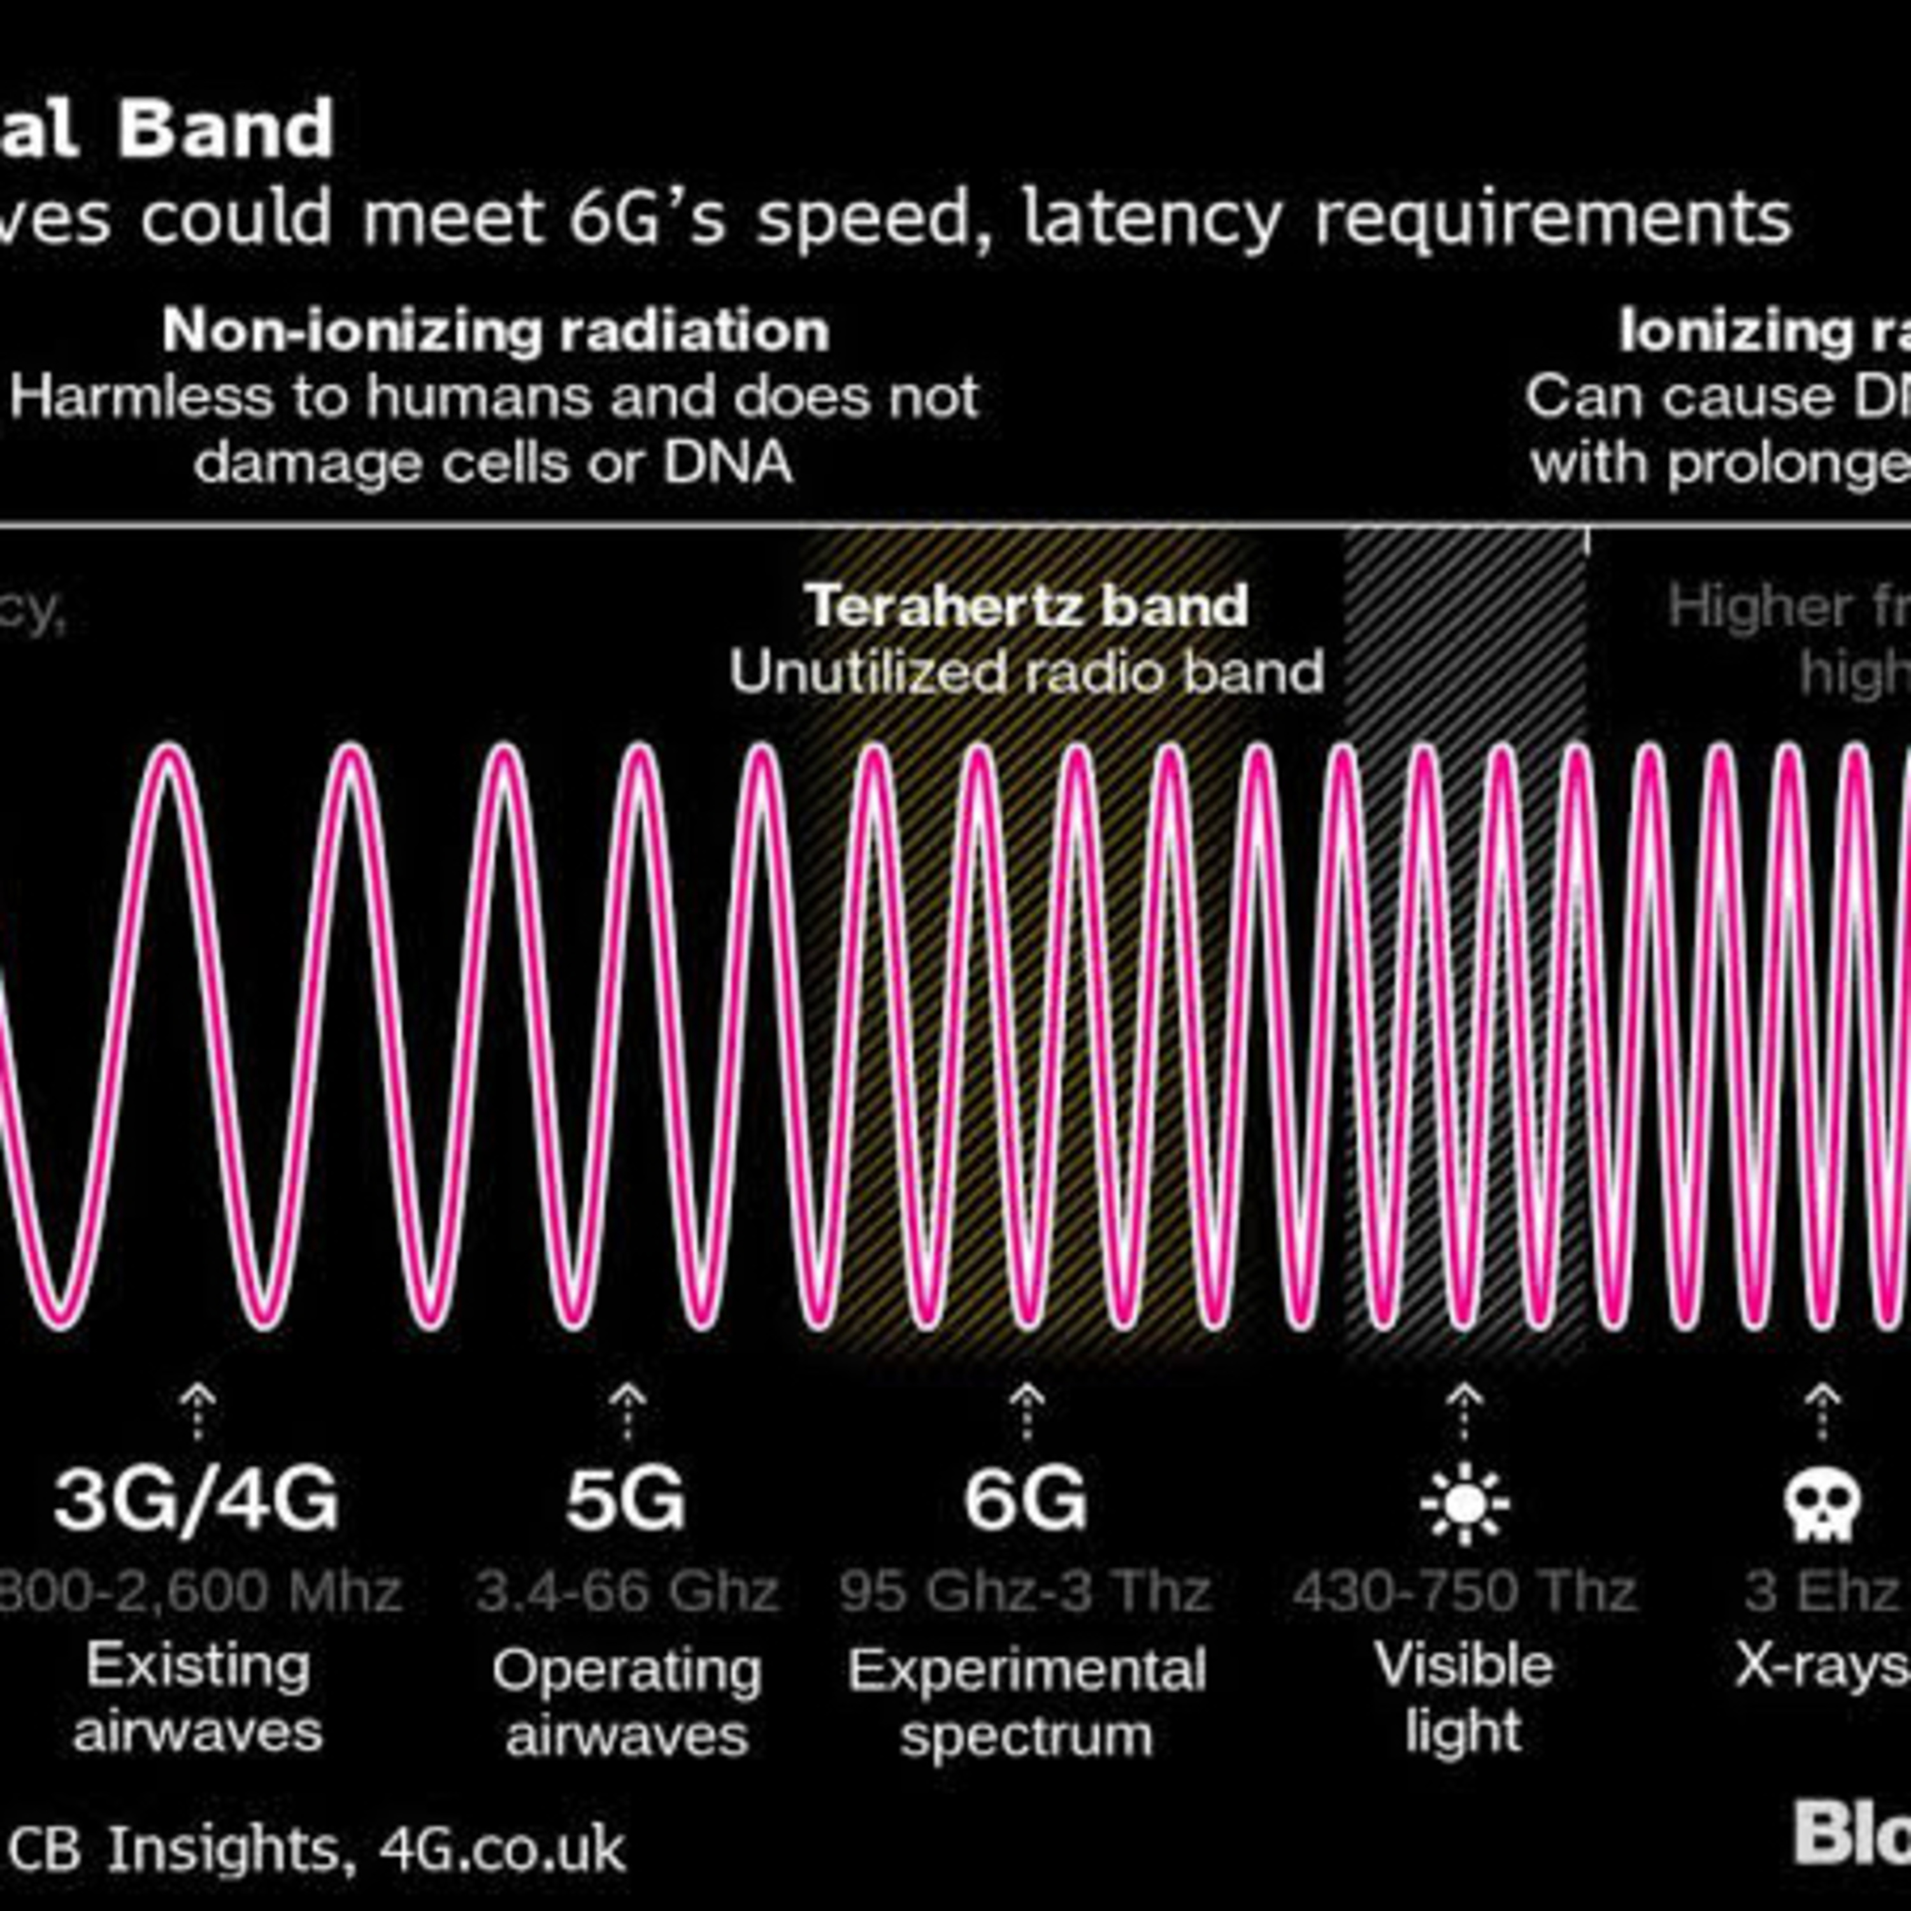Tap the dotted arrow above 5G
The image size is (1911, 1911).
tap(627, 1412)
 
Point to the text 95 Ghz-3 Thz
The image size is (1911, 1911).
tap(1026, 1592)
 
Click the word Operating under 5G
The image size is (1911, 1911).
tap(627, 1671)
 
